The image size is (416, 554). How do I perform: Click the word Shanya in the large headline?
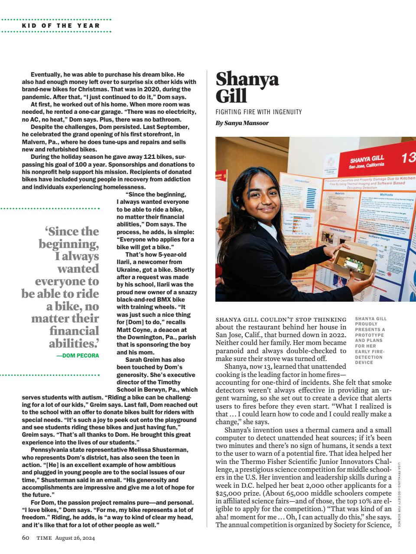point(247,79)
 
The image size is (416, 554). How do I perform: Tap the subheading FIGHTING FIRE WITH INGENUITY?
point(258,112)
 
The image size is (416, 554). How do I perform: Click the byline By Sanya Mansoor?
point(242,123)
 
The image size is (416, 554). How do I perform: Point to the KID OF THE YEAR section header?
point(61,26)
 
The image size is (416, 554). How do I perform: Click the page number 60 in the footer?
point(26,538)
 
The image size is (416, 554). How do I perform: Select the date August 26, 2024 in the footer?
point(78,538)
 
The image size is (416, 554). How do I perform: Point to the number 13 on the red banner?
point(408,158)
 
